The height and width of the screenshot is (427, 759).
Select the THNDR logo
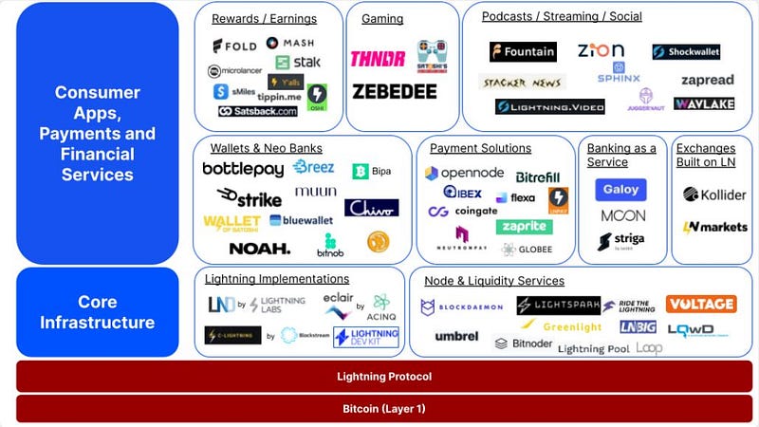(x=377, y=59)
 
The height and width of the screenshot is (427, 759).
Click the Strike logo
(x=248, y=196)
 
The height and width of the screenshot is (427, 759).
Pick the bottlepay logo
(x=243, y=169)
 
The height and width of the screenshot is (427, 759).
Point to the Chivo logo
(x=371, y=207)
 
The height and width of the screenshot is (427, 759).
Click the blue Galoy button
(x=621, y=190)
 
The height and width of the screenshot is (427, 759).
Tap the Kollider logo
(x=713, y=195)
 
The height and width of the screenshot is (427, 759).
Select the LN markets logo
(x=713, y=228)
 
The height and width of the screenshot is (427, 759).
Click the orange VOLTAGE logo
(x=700, y=304)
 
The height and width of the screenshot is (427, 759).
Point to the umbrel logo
(x=456, y=336)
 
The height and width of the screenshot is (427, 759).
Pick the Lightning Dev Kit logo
(x=365, y=336)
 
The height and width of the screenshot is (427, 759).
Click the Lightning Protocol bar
(x=384, y=377)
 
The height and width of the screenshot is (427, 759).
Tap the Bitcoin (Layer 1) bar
(x=384, y=409)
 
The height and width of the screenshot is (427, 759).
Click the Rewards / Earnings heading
(x=264, y=19)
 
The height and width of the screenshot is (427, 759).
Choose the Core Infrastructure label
(x=97, y=312)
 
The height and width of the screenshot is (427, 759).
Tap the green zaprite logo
(x=524, y=228)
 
